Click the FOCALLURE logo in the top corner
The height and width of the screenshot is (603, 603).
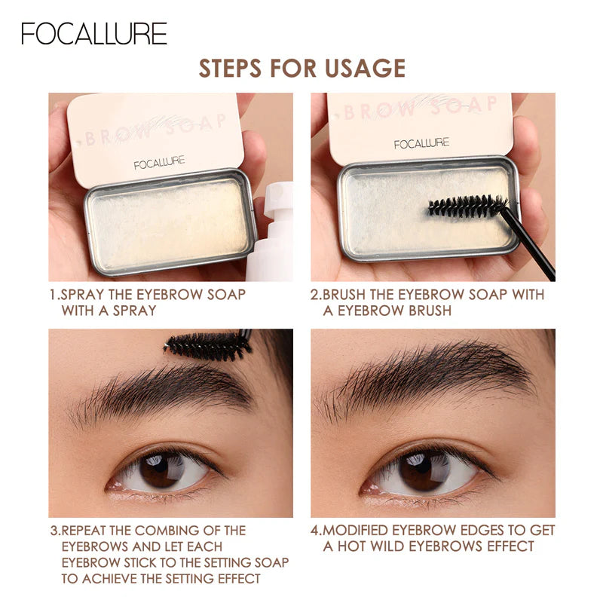pos(94,34)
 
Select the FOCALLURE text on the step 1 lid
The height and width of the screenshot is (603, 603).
pos(159,163)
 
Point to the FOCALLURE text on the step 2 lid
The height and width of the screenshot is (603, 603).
pos(421,143)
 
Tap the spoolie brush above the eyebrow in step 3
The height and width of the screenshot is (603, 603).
pos(207,345)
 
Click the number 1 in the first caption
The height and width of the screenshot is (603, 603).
pos(53,295)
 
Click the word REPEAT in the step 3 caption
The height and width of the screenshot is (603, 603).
pos(88,531)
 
